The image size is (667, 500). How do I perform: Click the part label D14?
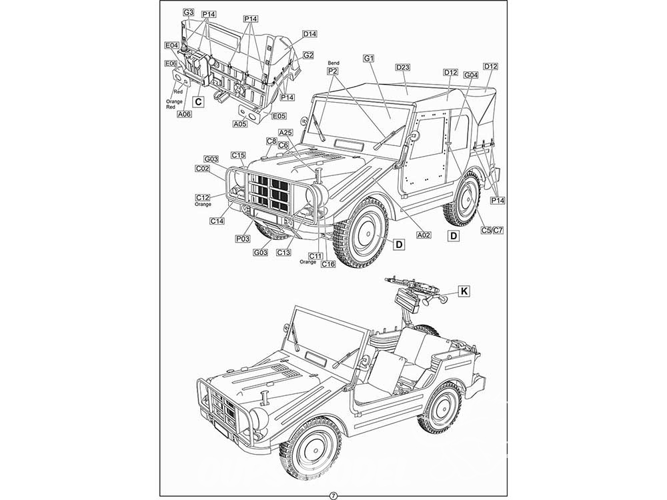tap(309, 34)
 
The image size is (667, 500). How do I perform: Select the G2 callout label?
tap(308, 55)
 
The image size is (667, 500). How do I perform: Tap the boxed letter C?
tap(197, 102)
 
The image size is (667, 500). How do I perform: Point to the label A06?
tap(185, 114)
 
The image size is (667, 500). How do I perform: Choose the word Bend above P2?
tap(333, 63)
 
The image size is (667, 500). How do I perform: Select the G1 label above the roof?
tap(369, 59)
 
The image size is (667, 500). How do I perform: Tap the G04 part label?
tap(471, 75)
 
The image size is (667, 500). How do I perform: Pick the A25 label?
tap(285, 132)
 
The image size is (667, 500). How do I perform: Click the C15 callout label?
tap(238, 155)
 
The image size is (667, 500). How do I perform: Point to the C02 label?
tap(203, 169)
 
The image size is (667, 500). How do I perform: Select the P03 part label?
tap(243, 238)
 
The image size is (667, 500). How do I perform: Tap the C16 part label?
tap(327, 264)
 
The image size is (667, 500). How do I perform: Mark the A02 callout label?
tap(423, 235)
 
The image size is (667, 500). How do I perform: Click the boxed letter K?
tap(465, 291)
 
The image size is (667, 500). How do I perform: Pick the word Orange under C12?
tap(203, 205)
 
